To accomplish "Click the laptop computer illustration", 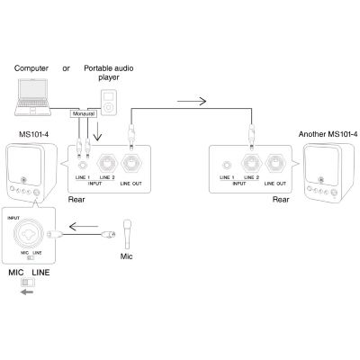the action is coord(33,97).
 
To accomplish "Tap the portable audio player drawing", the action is coord(108,102).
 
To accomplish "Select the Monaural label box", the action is coord(84,114).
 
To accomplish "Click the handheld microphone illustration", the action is coord(128,234).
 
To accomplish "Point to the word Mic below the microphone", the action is coord(126,256).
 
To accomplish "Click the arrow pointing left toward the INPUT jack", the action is coord(84,226).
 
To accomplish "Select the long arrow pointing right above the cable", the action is coord(192,102).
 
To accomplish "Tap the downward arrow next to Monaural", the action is coord(97,131).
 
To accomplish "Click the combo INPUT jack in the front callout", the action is coord(27,235).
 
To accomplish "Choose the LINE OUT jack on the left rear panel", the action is coord(131,164).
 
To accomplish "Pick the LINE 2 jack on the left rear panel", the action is coord(107,164).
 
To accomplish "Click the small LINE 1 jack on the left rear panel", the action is coord(82,165).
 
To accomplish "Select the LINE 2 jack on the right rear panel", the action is coord(251,164).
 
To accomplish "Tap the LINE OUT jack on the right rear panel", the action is coord(275,164).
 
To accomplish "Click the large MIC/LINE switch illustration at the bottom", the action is coord(28,283).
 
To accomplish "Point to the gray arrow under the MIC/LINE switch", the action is coord(27,292).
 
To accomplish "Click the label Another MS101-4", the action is coord(328,134).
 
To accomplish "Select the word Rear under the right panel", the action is coord(281,200).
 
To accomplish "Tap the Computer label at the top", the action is coord(31,68).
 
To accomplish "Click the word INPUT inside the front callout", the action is coord(13,218).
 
